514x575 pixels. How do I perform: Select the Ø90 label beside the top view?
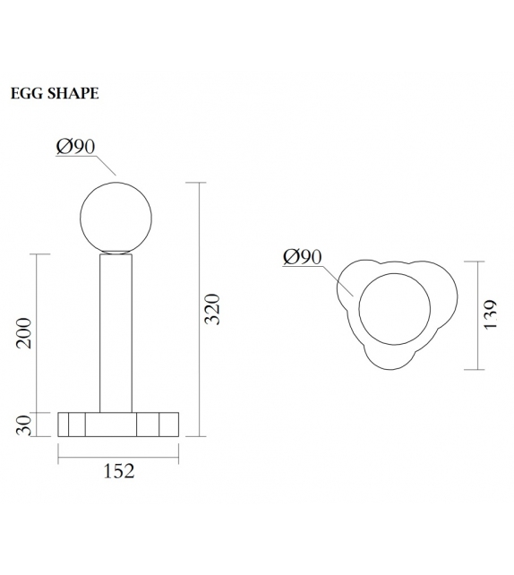(302, 257)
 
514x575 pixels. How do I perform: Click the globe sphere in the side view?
(116, 216)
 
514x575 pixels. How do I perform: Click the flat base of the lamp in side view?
(117, 424)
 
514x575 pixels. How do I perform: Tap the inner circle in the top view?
(393, 309)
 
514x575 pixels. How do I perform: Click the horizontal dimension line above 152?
(117, 456)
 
